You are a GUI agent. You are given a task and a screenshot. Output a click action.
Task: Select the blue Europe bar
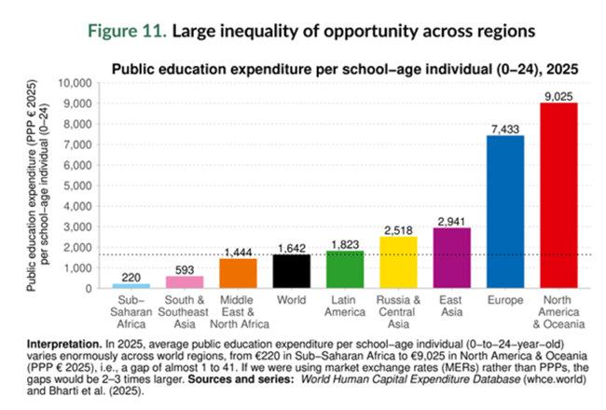pyautogui.click(x=505, y=212)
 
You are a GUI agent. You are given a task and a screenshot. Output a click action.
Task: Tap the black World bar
pyautogui.click(x=291, y=271)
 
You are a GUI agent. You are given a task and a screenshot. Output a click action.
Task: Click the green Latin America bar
pyautogui.click(x=345, y=269)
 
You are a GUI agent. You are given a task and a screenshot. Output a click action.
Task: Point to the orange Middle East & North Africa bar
pyautogui.click(x=238, y=273)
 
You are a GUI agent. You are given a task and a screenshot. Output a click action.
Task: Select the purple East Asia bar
pyautogui.click(x=452, y=258)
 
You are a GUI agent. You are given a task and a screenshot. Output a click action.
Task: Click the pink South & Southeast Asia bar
pyautogui.click(x=184, y=281)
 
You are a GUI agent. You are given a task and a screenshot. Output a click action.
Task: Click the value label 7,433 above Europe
pyautogui.click(x=505, y=128)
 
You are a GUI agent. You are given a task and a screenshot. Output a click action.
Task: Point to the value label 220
pyautogui.click(x=131, y=276)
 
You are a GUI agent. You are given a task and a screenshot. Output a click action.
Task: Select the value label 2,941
pyautogui.click(x=452, y=220)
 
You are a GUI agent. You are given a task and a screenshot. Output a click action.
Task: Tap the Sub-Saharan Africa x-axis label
pyautogui.click(x=131, y=312)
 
